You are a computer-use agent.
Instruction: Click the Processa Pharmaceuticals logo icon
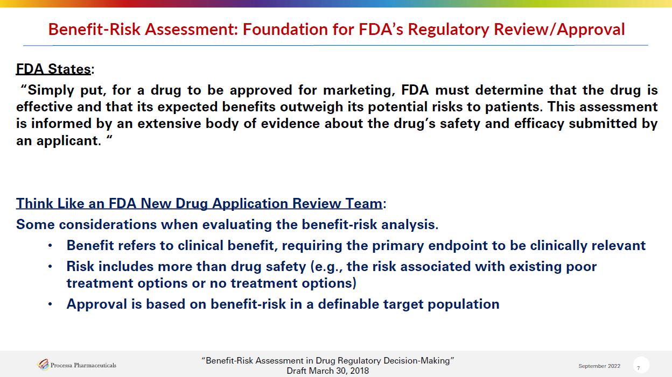[x=43, y=365]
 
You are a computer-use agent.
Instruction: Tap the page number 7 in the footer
[x=639, y=368]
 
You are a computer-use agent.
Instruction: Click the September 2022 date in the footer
[x=599, y=366]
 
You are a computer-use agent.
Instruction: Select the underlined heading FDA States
[x=53, y=69]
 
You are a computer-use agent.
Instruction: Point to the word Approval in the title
[x=591, y=30]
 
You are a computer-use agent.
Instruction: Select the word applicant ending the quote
[x=69, y=140]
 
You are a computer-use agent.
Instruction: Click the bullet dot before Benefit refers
[x=50, y=246]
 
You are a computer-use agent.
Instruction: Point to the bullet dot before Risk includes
[x=50, y=267]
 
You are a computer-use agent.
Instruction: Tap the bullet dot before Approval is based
[x=50, y=304]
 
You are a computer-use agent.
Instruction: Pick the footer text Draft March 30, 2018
[x=327, y=371]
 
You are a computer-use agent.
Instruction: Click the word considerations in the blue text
[x=108, y=224]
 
